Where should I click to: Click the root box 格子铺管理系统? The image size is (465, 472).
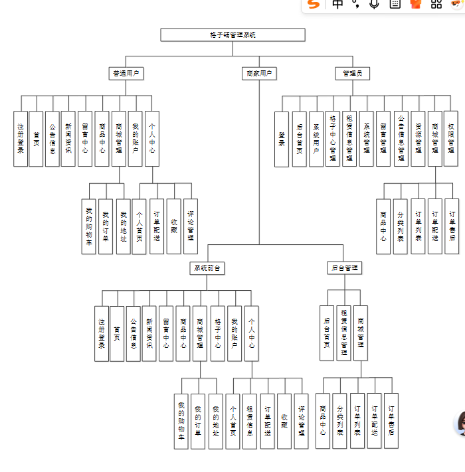coord(232,35)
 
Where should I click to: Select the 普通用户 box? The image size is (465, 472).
coord(126,73)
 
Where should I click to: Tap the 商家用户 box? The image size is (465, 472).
coord(259,73)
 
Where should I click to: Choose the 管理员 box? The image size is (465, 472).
coord(352,73)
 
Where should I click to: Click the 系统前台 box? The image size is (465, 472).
coord(207,268)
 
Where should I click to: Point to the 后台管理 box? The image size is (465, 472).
coord(345,268)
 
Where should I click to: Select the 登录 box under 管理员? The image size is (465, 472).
coord(282,139)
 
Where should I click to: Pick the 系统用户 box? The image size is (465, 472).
coord(316,139)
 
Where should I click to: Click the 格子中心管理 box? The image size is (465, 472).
coord(333,139)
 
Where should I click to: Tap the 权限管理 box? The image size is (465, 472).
coord(452,139)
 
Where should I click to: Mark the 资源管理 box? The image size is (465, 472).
coord(418,139)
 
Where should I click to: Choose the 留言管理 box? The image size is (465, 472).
coord(383,139)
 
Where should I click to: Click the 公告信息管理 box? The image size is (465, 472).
coord(401,139)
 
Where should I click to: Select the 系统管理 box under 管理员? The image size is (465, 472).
coord(367,139)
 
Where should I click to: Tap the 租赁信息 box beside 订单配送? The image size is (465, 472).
coord(250,422)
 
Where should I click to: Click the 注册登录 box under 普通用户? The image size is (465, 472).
coord(21,138)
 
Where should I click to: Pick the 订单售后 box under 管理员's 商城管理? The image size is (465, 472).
coord(452,226)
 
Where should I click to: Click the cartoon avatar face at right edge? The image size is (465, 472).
coord(460,424)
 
